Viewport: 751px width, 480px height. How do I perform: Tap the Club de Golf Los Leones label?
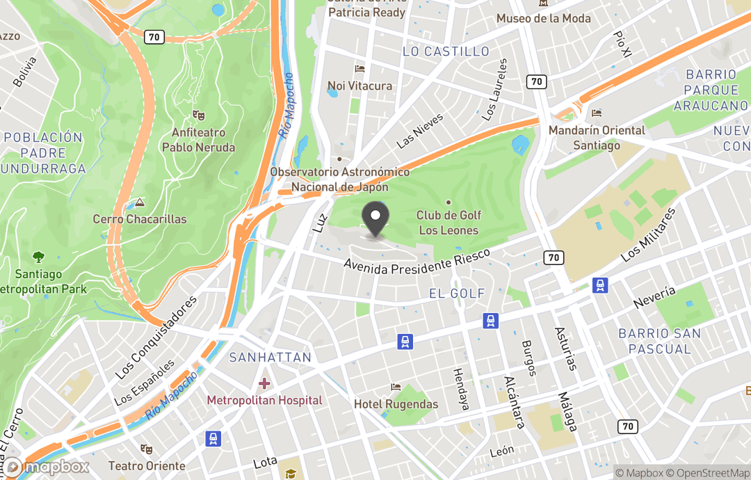[448, 223]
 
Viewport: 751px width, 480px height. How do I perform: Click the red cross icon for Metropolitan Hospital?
[264, 383]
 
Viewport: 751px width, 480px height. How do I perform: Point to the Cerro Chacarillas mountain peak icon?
[140, 203]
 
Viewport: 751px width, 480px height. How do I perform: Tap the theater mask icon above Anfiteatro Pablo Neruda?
[198, 115]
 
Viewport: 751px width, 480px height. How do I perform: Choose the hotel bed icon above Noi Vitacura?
[360, 69]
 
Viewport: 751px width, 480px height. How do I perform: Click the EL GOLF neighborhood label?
[457, 294]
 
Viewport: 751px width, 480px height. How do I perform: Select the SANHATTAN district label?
[270, 358]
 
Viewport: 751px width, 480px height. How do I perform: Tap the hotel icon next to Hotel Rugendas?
[396, 387]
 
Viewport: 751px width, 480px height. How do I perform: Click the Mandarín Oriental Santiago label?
[597, 138]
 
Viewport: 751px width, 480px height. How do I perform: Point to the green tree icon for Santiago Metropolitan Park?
[38, 257]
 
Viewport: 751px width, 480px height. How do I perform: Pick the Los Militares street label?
[648, 234]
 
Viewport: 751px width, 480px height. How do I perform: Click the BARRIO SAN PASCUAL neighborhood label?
[660, 341]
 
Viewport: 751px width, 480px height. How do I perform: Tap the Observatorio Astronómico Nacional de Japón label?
[340, 179]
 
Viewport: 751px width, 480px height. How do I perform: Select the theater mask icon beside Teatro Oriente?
[146, 449]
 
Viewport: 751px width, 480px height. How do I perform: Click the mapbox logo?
[47, 467]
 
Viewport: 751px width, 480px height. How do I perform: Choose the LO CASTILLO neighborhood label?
[446, 51]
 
